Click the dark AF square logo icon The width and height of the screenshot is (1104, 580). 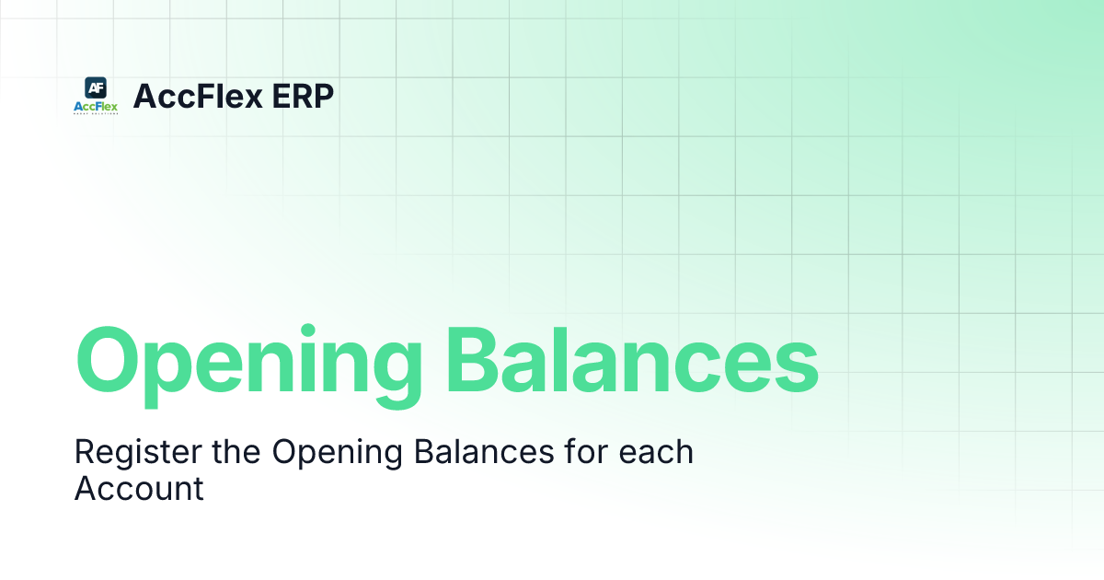(96, 87)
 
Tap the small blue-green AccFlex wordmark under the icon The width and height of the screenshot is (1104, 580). (96, 107)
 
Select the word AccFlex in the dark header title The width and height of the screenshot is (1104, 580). (185, 96)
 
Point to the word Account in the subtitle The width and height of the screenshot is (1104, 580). (139, 488)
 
